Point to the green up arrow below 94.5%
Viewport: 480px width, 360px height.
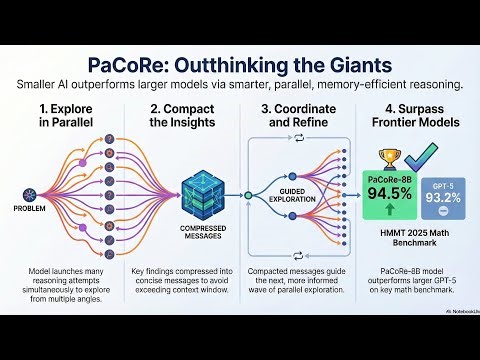point(387,211)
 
